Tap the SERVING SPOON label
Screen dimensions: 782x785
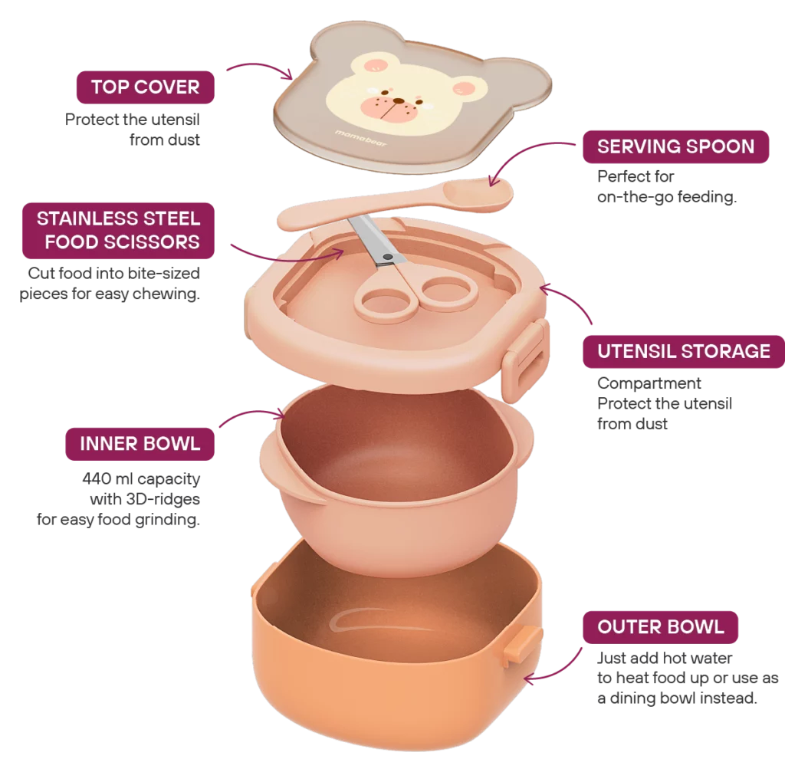(675, 146)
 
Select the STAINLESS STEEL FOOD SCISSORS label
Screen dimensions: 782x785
(118, 230)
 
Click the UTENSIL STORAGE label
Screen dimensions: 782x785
(684, 352)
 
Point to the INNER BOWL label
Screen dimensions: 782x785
(140, 443)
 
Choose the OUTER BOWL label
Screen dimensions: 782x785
(660, 626)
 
